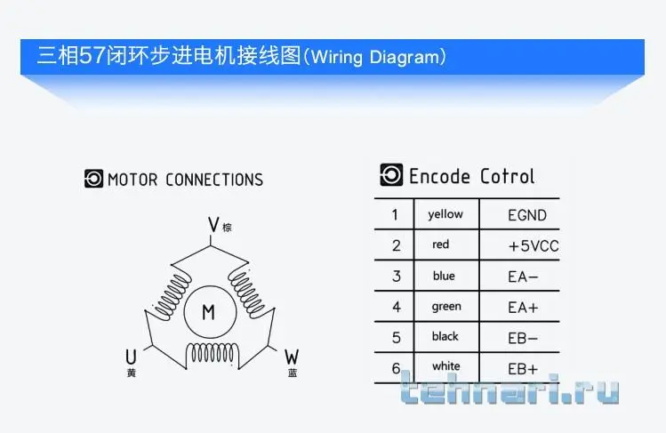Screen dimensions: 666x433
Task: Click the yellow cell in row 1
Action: point(445,214)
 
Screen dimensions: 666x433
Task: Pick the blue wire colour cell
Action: point(444,276)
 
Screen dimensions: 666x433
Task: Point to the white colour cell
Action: point(446,366)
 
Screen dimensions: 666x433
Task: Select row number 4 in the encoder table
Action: point(397,307)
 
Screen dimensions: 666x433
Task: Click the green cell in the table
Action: point(446,307)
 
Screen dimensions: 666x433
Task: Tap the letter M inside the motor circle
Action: point(209,312)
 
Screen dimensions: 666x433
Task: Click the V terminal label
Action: point(213,224)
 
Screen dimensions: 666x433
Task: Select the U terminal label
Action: point(132,357)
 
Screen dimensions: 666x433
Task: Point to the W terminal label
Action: point(292,357)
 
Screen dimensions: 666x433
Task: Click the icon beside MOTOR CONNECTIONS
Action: point(93,179)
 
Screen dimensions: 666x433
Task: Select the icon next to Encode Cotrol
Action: point(391,174)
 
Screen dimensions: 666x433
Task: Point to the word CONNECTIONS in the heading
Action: point(214,180)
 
